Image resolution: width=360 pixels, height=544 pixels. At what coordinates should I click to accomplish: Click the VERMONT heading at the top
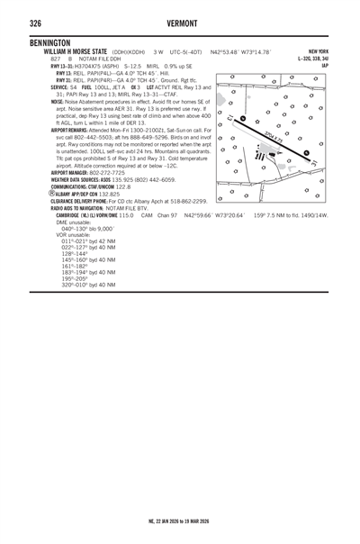pos(180,23)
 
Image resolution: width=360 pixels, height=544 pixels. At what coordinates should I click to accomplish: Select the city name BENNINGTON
pos(51,43)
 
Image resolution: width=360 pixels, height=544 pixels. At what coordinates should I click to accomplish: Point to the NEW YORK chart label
pos(318,52)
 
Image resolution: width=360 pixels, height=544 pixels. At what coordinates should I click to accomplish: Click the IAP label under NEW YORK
pos(325,65)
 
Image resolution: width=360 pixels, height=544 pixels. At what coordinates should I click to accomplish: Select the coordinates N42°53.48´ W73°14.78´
pos(240,52)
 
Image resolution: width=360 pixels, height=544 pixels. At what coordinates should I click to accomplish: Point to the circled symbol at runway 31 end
pos(307,152)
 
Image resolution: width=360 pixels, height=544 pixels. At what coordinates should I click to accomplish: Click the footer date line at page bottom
pos(180,521)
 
